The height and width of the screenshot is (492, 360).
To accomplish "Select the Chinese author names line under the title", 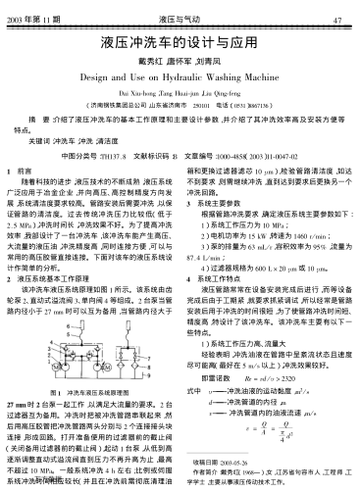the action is tap(179, 62).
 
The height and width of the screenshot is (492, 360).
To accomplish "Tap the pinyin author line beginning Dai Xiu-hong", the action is tap(179, 89).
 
